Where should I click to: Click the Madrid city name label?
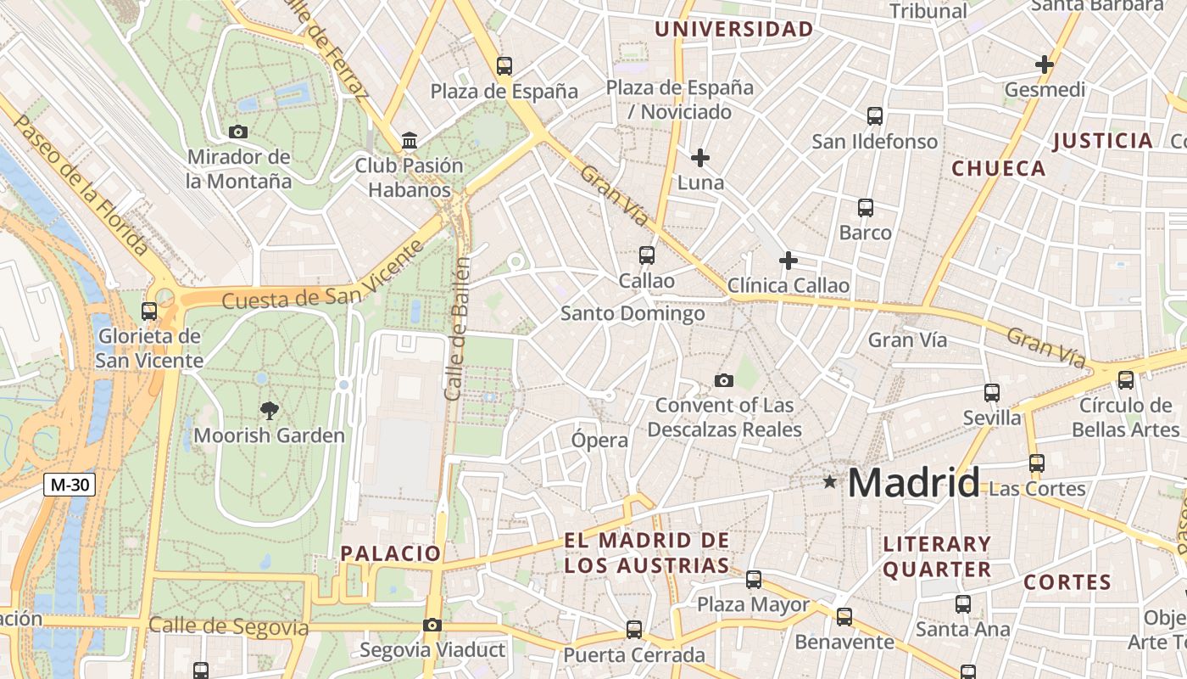click(914, 483)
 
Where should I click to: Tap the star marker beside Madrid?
click(829, 482)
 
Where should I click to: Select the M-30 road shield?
click(70, 485)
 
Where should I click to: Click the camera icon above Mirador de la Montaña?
click(238, 132)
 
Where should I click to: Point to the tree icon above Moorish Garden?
click(270, 411)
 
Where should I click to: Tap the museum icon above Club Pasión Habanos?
click(410, 140)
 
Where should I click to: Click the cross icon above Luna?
click(700, 158)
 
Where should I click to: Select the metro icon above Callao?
click(647, 255)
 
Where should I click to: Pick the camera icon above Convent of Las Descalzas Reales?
click(723, 380)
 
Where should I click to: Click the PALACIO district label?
click(391, 553)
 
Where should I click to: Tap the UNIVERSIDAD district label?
click(734, 30)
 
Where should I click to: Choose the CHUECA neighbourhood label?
click(999, 168)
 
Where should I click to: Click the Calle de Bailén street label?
click(455, 329)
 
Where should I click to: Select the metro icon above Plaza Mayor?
click(754, 580)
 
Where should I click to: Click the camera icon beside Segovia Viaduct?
click(432, 626)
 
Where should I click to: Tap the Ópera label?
click(599, 440)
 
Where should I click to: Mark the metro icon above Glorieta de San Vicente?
click(149, 311)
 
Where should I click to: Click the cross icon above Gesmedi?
click(1045, 65)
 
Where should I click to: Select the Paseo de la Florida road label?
click(81, 186)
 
